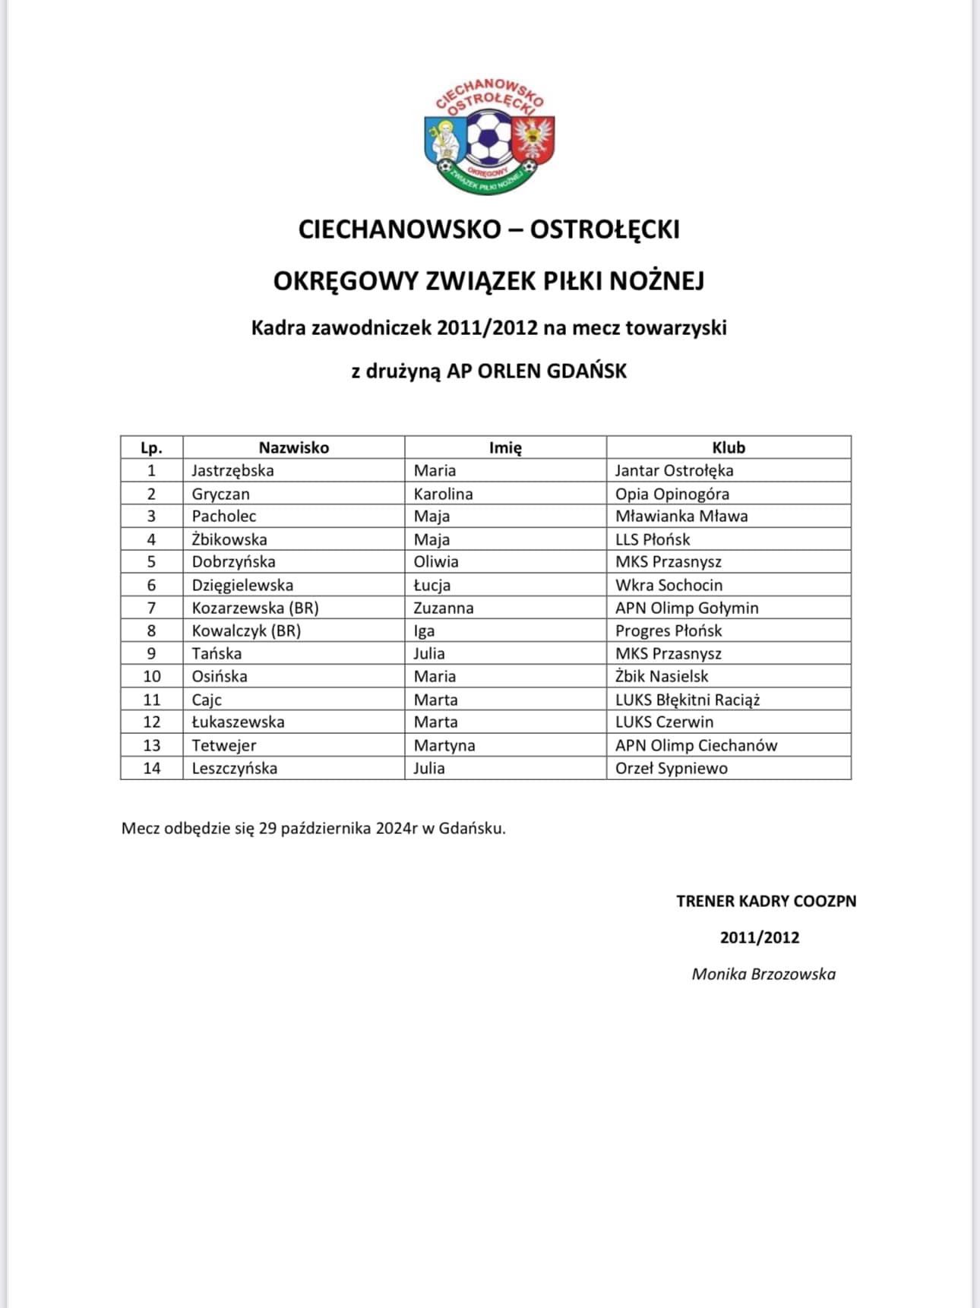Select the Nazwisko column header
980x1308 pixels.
(x=293, y=447)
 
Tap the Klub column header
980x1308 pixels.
(x=728, y=447)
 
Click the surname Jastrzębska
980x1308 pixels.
(x=232, y=470)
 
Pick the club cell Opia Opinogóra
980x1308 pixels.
(x=672, y=494)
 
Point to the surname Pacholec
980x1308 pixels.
(x=223, y=516)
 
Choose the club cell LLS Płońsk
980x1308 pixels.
(x=652, y=539)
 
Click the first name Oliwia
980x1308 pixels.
(x=435, y=561)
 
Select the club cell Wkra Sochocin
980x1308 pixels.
(x=669, y=585)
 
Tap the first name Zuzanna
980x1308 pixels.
(x=443, y=608)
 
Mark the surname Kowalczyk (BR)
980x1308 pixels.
(x=246, y=630)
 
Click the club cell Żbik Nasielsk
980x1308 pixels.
(x=661, y=676)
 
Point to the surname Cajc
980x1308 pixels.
(x=207, y=700)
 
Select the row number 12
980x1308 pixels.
(x=152, y=722)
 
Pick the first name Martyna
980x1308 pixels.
(x=444, y=745)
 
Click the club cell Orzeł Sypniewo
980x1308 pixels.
(x=671, y=768)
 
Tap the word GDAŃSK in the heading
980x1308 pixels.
(x=586, y=371)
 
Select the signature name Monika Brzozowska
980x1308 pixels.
(x=763, y=974)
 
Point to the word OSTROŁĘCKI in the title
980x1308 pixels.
(x=605, y=229)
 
